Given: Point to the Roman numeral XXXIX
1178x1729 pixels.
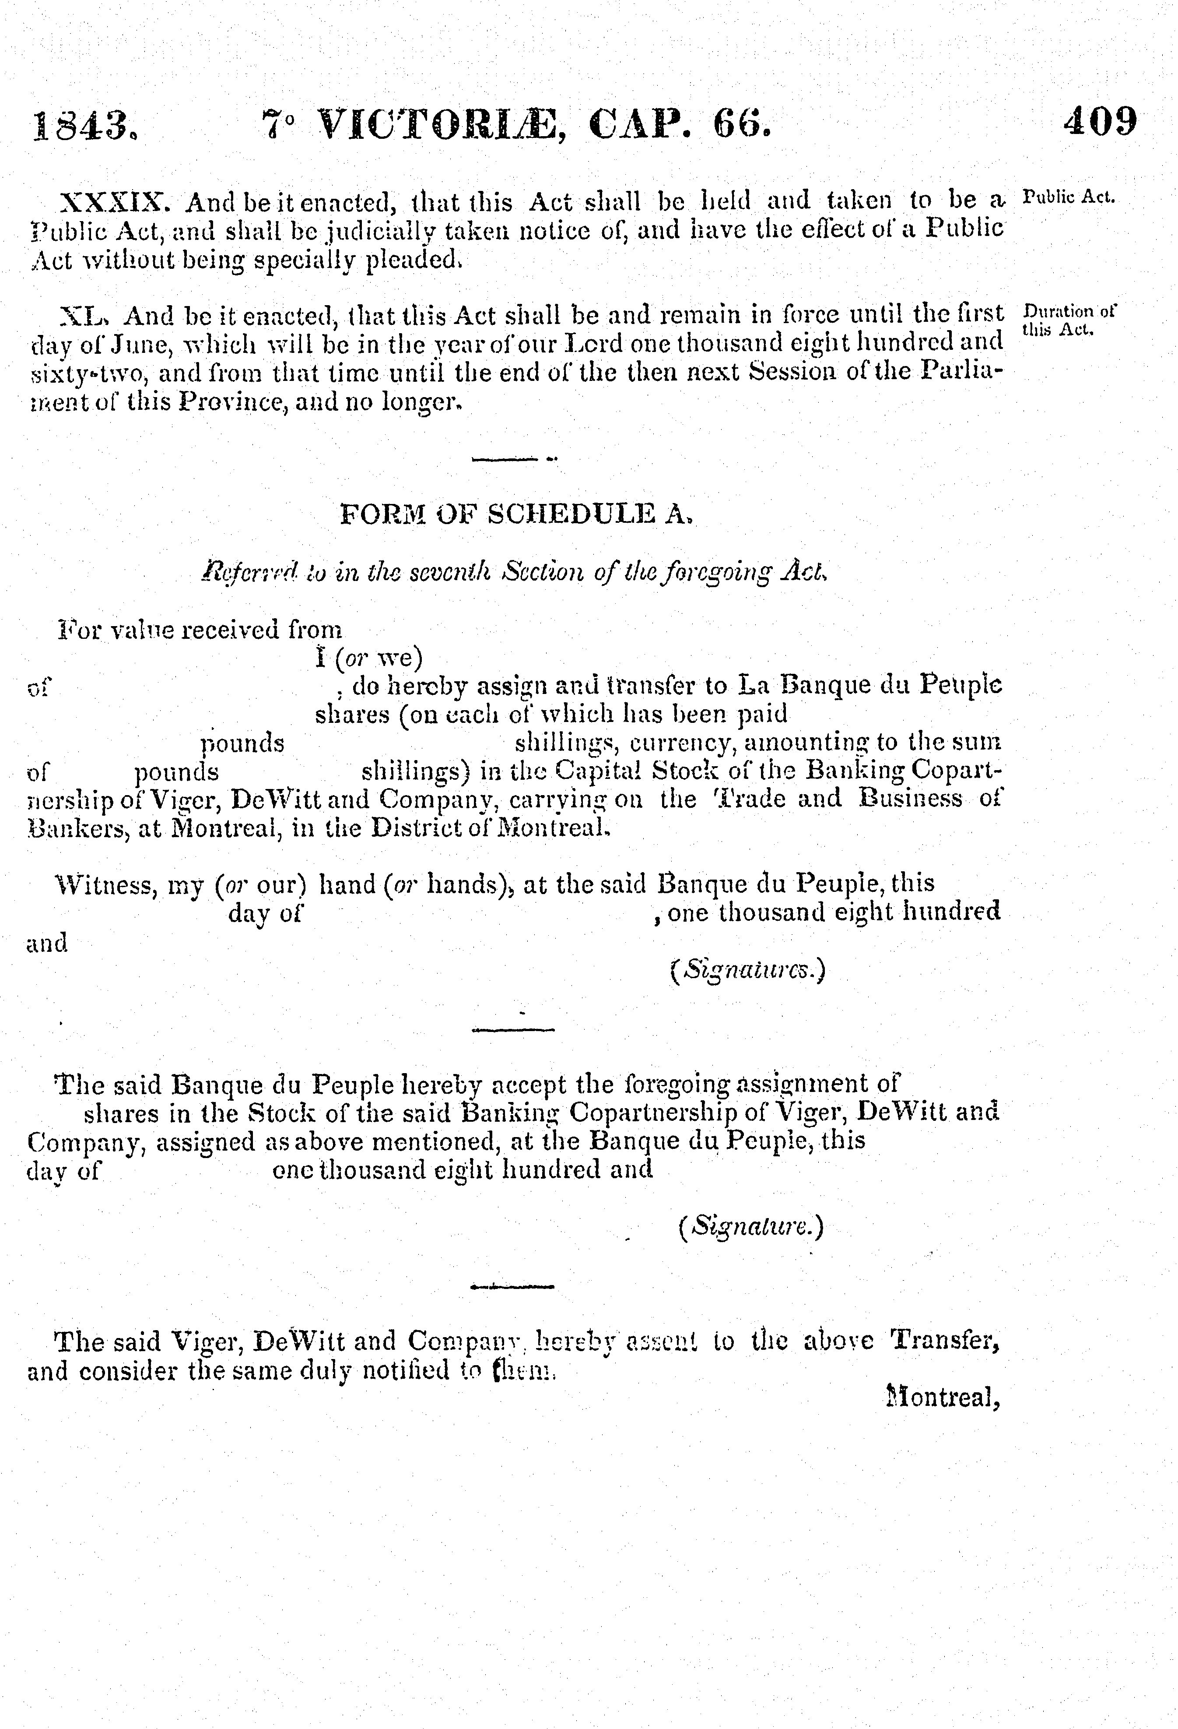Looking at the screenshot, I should click(119, 201).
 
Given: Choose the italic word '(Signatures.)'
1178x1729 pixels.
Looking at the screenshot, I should click(747, 970).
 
